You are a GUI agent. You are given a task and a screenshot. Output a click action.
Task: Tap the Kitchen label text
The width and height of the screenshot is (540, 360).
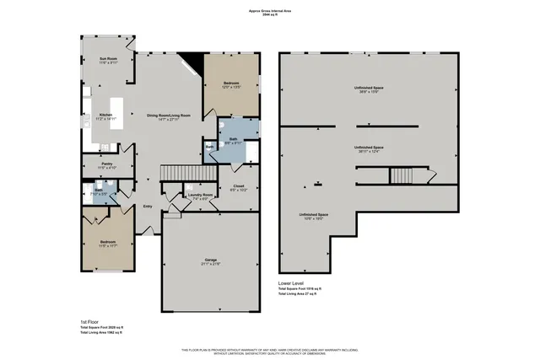[105, 116]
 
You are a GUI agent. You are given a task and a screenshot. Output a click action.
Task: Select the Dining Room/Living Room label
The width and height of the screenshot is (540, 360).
[168, 116]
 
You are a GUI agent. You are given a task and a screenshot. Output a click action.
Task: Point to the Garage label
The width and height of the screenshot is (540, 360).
[211, 260]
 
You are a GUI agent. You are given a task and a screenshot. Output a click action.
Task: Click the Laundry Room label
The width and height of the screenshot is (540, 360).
[201, 196]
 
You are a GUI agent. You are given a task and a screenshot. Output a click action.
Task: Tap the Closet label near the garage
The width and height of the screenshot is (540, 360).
[237, 187]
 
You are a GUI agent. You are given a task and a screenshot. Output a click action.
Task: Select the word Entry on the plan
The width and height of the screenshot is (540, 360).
[148, 205]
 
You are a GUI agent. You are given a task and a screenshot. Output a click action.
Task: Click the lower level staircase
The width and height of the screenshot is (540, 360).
[398, 175]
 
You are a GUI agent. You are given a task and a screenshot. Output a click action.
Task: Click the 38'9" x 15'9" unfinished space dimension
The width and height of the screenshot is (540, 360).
[368, 90]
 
